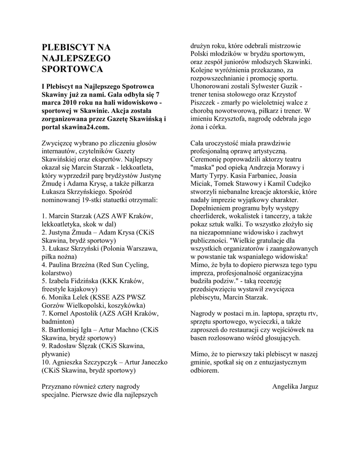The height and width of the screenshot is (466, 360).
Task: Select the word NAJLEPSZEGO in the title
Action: point(76,58)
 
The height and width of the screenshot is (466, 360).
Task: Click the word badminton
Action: point(57,321)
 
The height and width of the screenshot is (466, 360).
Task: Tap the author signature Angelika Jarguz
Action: point(295,386)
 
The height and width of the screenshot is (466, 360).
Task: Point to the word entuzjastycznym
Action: point(280,362)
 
